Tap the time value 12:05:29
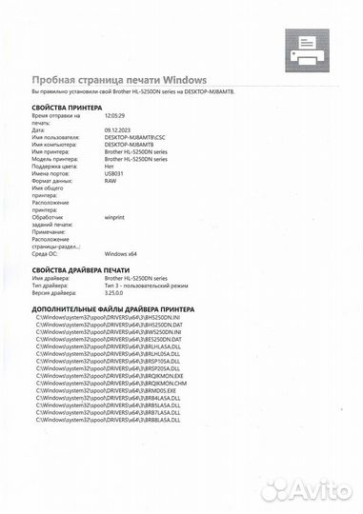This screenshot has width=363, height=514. pos(114,114)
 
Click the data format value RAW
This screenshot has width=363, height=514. pos(111,182)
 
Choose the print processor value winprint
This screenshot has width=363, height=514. pos(117,217)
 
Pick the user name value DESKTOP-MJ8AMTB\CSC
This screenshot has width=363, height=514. pos(134,138)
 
